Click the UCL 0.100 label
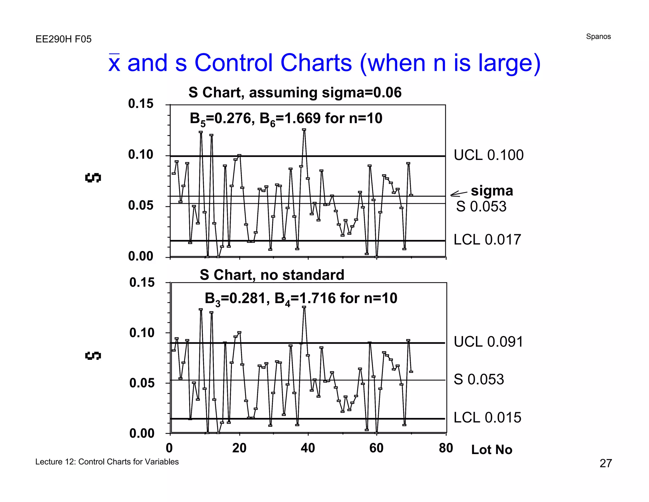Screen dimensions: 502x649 (x=488, y=155)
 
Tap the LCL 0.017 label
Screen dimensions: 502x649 (x=487, y=240)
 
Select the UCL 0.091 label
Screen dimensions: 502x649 (x=488, y=342)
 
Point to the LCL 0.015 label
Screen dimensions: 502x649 (x=487, y=418)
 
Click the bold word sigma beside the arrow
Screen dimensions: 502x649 (x=492, y=191)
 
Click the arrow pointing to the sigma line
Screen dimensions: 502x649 (x=459, y=194)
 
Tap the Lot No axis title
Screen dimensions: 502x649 (x=492, y=450)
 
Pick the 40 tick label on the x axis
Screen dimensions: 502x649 (x=308, y=448)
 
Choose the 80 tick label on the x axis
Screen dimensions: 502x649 (x=446, y=448)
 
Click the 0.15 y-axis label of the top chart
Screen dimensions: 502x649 (x=140, y=104)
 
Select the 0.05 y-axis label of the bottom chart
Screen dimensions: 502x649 (x=142, y=383)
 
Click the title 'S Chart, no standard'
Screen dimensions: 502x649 (x=272, y=275)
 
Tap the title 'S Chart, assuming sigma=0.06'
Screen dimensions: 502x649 (x=295, y=93)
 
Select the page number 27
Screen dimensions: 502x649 (x=606, y=463)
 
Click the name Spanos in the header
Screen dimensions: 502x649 (x=598, y=36)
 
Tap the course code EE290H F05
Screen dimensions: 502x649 (x=63, y=39)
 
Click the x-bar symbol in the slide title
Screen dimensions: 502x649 (x=114, y=63)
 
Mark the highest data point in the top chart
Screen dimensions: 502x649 (x=304, y=129)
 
